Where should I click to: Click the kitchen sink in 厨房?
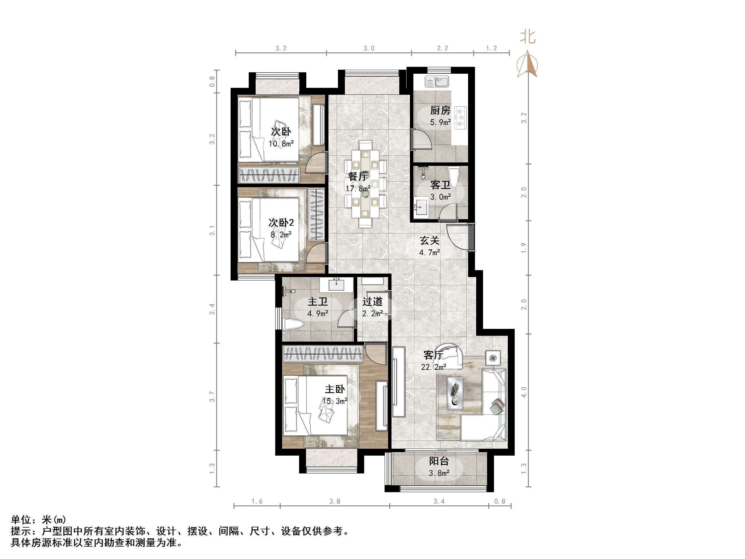click(x=437, y=82)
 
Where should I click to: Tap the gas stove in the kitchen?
click(x=460, y=118)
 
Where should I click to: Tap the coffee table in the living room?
click(x=455, y=393)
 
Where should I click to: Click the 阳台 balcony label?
click(x=439, y=461)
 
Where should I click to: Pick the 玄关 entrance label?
click(x=429, y=240)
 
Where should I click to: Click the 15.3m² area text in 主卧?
click(x=335, y=401)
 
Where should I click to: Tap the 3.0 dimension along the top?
click(x=368, y=48)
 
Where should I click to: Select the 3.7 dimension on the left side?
click(x=212, y=397)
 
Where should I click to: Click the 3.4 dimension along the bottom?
click(x=439, y=501)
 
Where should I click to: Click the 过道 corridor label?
click(x=372, y=301)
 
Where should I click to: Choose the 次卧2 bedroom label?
click(x=281, y=222)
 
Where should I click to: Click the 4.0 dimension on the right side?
click(x=524, y=392)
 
